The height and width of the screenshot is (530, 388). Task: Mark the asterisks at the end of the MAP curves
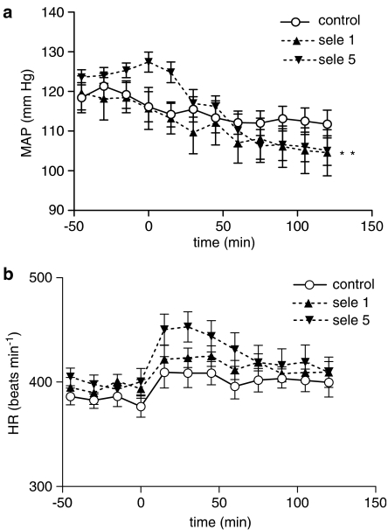click(347, 155)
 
